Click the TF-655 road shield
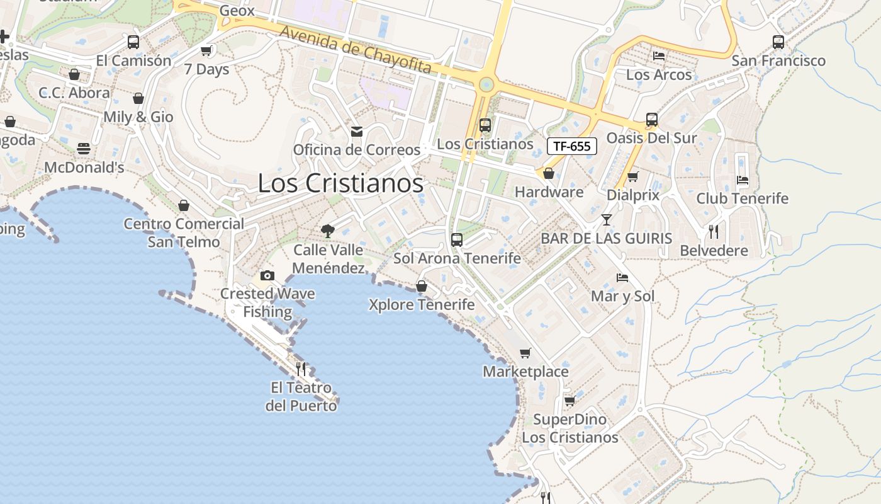571,146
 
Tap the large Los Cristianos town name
340,183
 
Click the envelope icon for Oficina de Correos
357,132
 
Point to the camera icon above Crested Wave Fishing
267,275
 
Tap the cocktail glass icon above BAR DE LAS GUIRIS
606,220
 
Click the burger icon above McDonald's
84,149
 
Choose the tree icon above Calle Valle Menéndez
327,231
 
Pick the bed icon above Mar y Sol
622,277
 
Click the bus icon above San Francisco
778,42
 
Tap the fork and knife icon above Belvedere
714,232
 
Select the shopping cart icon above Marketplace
525,353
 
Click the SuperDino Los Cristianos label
570,428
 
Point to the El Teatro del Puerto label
301,396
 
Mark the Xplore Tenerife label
422,305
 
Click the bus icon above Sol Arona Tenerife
457,240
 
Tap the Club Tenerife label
742,198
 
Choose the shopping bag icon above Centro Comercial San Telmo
184,205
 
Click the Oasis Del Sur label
651,138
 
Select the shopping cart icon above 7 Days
206,50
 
